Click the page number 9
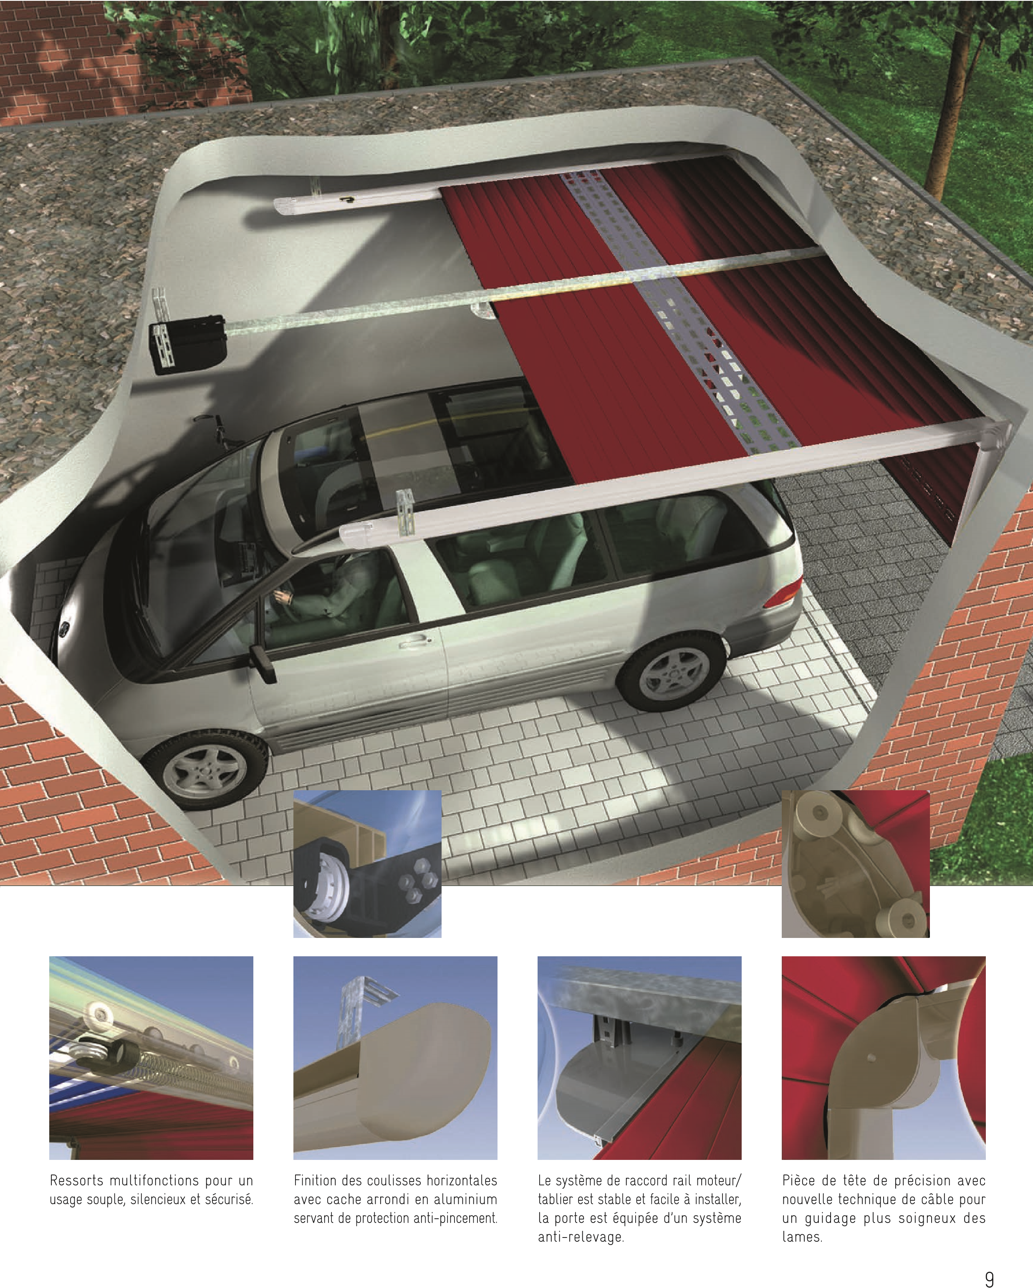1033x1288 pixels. point(990,1274)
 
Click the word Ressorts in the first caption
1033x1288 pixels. point(76,1180)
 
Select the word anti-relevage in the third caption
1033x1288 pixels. point(581,1237)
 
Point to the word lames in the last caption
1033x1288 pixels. point(802,1237)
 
